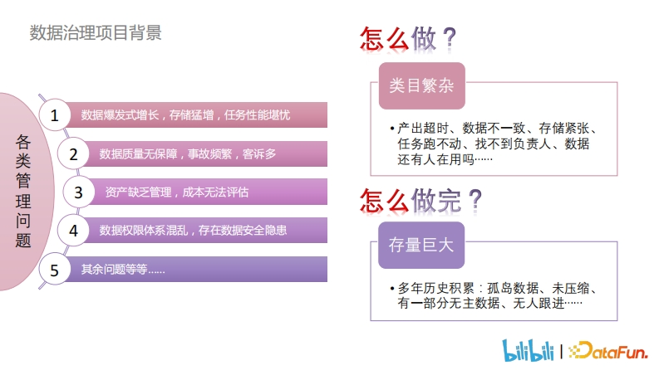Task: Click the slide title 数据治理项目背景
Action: tap(96, 32)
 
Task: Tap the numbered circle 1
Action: tap(55, 115)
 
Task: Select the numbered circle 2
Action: tap(73, 153)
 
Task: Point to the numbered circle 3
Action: tap(79, 192)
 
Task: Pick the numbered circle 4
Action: tap(73, 231)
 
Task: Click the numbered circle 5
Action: tap(55, 270)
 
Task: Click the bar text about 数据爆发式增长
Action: tap(185, 115)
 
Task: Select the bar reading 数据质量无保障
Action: tap(188, 154)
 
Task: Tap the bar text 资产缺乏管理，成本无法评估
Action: tap(176, 192)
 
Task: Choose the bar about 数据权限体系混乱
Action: tap(193, 231)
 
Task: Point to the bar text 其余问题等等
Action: tap(123, 270)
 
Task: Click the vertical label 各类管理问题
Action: tap(23, 192)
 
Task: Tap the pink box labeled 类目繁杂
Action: tap(422, 86)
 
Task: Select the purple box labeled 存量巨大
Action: tap(421, 245)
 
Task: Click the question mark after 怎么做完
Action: tap(475, 201)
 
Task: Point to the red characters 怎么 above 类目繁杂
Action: tap(384, 39)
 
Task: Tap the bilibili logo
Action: tap(529, 350)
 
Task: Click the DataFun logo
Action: tap(608, 350)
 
